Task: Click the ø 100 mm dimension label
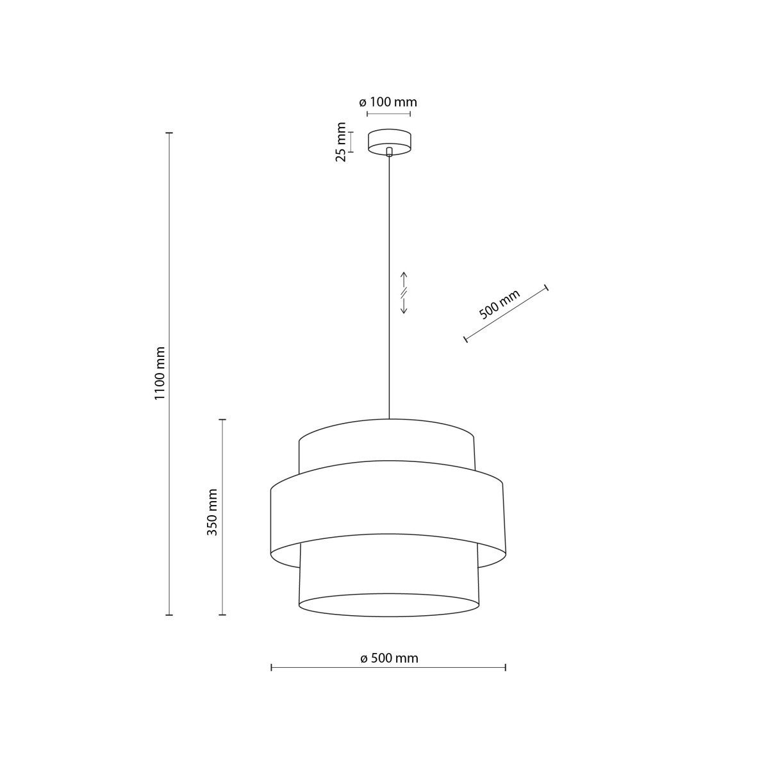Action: pos(388,102)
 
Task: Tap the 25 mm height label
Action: pos(341,142)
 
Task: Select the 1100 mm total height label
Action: pos(160,374)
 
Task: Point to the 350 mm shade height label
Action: pos(213,512)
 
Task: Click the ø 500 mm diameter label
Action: pos(389,658)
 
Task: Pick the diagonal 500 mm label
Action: pos(499,304)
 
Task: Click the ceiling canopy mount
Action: pos(389,141)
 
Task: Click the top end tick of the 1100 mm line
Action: pos(170,133)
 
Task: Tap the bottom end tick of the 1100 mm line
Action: pos(170,615)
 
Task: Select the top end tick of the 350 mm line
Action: pos(222,420)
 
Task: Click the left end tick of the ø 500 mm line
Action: pos(272,668)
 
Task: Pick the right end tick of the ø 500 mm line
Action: pos(506,668)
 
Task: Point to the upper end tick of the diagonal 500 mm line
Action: pos(546,286)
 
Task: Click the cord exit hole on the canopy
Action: pos(389,152)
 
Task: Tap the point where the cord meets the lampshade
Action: pos(389,419)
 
